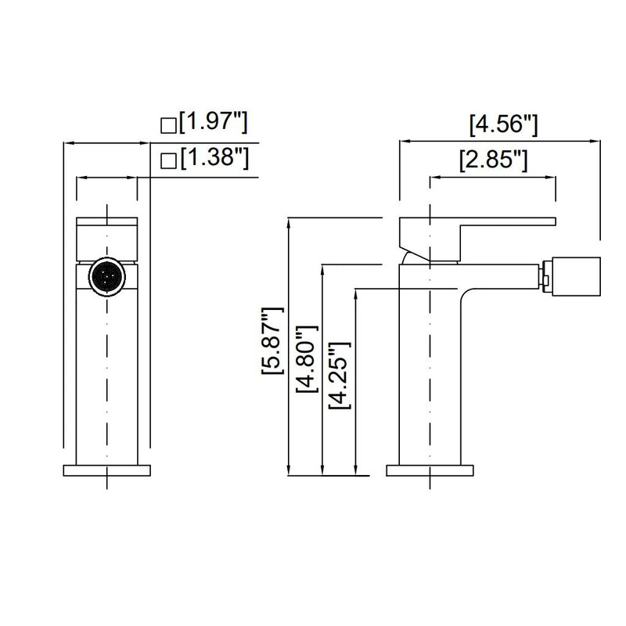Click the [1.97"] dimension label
214,123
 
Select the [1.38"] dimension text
214,159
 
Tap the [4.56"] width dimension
502,123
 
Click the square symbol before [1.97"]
167,124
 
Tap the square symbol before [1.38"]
167,161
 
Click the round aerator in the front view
106,277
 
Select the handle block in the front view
106,235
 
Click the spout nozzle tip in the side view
576,277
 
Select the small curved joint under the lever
408,257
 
